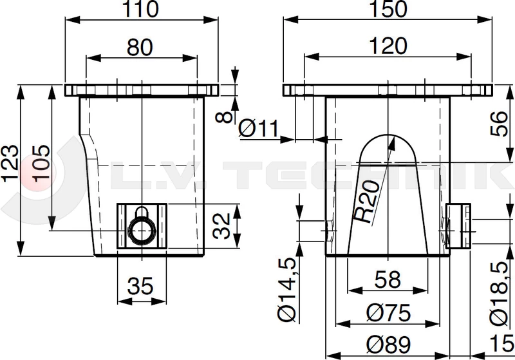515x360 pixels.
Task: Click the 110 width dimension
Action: click(x=140, y=9)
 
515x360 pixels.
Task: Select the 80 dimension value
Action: click(x=140, y=47)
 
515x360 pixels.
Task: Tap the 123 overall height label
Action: click(x=10, y=163)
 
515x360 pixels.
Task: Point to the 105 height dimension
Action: click(x=41, y=163)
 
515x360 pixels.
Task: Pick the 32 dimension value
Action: click(x=221, y=225)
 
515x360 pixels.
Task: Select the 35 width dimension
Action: click(x=140, y=285)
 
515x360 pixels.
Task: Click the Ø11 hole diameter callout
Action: click(x=259, y=128)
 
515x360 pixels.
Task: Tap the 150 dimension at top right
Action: click(x=388, y=9)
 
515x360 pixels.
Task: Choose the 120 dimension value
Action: click(x=388, y=46)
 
